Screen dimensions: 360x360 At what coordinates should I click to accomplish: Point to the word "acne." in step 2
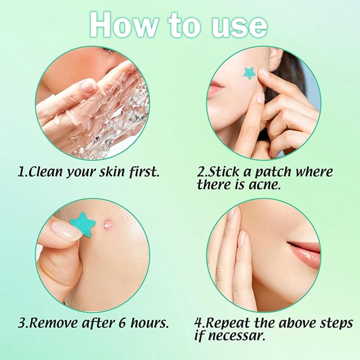278,185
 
